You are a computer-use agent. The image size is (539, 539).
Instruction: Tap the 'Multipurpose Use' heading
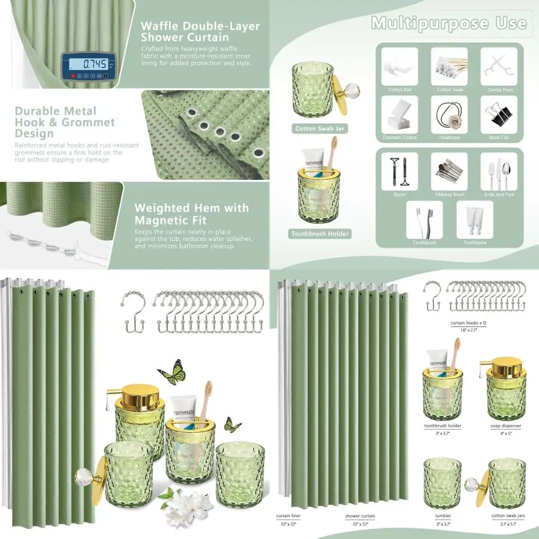(448, 23)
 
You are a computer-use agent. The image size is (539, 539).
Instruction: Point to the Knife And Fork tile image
(499, 171)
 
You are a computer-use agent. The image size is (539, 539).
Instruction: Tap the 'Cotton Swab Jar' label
(320, 129)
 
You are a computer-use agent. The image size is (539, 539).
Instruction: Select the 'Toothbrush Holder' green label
(320, 234)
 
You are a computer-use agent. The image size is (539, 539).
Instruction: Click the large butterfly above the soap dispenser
(172, 372)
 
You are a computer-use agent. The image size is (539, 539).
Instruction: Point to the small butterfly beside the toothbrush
(232, 425)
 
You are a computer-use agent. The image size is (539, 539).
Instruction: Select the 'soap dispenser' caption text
(506, 426)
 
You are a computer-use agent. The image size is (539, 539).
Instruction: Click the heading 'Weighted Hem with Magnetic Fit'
(191, 213)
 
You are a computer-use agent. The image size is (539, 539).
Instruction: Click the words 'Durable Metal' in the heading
(56, 111)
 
